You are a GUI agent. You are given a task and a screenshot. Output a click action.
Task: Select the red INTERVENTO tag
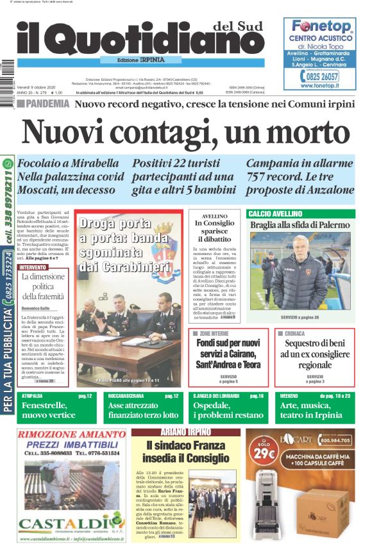[33, 267]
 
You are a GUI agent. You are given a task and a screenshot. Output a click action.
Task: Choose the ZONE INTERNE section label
[213, 334]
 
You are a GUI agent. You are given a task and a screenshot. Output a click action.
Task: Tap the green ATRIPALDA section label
[32, 397]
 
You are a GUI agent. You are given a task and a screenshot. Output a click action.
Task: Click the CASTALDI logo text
[72, 524]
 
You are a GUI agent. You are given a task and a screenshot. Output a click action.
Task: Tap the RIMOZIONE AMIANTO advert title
[72, 434]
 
